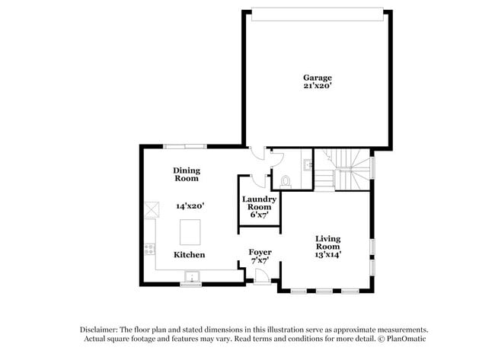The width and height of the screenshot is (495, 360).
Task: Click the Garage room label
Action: coord(317,78)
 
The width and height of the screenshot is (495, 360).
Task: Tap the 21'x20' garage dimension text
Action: coord(317,86)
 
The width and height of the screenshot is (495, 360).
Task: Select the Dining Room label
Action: coord(186,174)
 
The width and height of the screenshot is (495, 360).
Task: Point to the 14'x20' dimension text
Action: coord(190,205)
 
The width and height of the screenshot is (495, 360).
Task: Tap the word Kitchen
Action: coord(189,254)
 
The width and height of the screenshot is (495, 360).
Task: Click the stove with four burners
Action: coord(149,248)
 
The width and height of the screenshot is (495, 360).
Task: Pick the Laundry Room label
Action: coord(259,203)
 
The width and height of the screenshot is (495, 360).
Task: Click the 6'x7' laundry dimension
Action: coord(259,215)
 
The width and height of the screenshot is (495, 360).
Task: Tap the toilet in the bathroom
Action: coord(286,181)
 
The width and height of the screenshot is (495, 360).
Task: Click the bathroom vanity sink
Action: coord(306,164)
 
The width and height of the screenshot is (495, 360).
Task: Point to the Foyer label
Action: coord(260,252)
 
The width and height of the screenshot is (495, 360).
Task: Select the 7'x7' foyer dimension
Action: coord(260,261)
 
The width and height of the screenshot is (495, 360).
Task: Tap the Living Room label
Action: coord(328,243)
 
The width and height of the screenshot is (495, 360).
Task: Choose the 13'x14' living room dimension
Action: coord(328,255)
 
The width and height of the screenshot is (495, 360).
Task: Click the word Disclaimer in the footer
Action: coord(104,329)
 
